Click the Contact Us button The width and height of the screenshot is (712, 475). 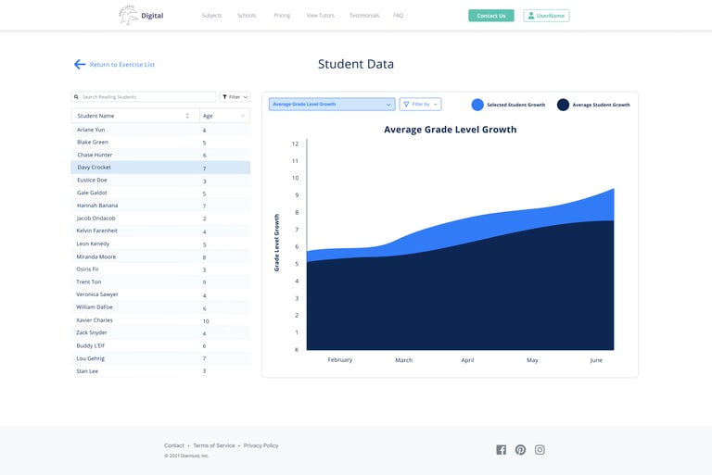pyautogui.click(x=491, y=16)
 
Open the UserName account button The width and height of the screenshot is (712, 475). pyautogui.click(x=546, y=16)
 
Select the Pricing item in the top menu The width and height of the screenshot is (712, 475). pyautogui.click(x=282, y=16)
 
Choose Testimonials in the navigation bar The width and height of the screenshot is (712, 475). pyautogui.click(x=364, y=16)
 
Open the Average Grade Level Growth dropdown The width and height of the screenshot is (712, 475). pyautogui.click(x=332, y=105)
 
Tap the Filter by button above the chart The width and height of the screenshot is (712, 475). pyautogui.click(x=420, y=105)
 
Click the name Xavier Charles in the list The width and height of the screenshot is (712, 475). pyautogui.click(x=95, y=320)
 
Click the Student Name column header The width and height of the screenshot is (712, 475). pyautogui.click(x=134, y=116)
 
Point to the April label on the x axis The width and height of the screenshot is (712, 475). pyautogui.click(x=467, y=360)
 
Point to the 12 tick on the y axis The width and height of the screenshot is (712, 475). pyautogui.click(x=295, y=144)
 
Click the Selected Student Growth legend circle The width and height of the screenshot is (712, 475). pyautogui.click(x=477, y=105)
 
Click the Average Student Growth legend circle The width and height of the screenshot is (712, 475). pyautogui.click(x=563, y=105)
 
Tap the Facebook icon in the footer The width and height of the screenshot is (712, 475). pyautogui.click(x=502, y=450)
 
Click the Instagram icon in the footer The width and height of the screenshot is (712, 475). pyautogui.click(x=540, y=450)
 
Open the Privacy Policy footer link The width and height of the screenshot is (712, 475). pyautogui.click(x=261, y=445)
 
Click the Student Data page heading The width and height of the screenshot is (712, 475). pyautogui.click(x=356, y=65)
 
